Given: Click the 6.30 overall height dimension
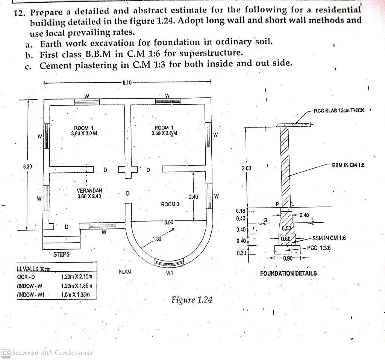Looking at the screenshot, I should coord(28,166).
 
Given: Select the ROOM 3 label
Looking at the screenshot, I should coord(170,204).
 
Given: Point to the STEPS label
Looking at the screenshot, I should coord(61,254).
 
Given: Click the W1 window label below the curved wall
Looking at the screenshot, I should coord(169,273).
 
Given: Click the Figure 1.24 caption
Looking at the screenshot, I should coord(192,300).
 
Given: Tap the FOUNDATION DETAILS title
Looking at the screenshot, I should coord(288,273).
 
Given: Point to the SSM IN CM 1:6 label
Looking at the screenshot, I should coord(329,238).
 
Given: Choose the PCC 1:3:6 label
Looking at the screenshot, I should coord(319,248).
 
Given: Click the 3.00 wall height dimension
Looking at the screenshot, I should coord(246,168).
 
